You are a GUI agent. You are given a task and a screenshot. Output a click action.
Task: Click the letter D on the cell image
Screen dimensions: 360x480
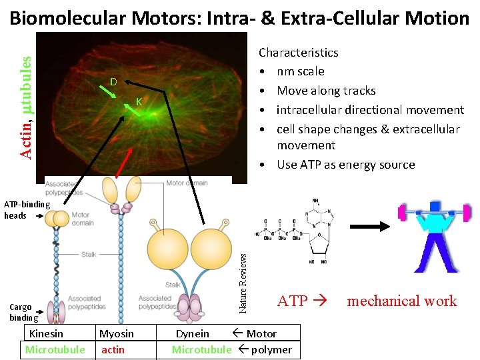pyautogui.click(x=113, y=82)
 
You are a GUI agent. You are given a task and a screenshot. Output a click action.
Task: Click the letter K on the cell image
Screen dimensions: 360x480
pyautogui.click(x=139, y=101)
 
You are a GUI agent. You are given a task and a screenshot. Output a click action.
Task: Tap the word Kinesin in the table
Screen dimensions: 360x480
pyautogui.click(x=47, y=333)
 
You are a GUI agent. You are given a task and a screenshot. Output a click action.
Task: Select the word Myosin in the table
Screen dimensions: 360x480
pyautogui.click(x=117, y=333)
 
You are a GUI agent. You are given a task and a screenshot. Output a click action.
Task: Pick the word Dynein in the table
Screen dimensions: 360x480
pyautogui.click(x=192, y=333)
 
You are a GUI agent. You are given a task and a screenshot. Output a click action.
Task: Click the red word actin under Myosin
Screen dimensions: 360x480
pyautogui.click(x=113, y=349)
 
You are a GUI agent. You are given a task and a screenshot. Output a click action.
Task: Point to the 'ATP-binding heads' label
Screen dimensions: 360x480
pyautogui.click(x=25, y=209)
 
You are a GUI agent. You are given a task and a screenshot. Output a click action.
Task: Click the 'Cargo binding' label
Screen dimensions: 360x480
pyautogui.click(x=21, y=312)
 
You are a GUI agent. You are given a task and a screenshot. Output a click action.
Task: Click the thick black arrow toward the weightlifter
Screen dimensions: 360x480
pyautogui.click(x=371, y=227)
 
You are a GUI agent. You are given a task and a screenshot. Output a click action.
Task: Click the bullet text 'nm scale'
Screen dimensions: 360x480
pyautogui.click(x=301, y=71)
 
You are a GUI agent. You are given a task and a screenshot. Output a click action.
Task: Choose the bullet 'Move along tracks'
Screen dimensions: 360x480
pyautogui.click(x=326, y=91)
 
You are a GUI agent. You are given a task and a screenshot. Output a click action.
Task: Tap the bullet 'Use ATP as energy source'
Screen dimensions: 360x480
pyautogui.click(x=345, y=165)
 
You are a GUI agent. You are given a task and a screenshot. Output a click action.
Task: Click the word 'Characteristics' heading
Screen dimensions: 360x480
pyautogui.click(x=298, y=52)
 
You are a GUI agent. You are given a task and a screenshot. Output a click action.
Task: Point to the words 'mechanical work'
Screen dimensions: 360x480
pyautogui.click(x=402, y=301)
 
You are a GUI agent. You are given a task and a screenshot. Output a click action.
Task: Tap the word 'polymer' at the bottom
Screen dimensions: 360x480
pyautogui.click(x=271, y=349)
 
